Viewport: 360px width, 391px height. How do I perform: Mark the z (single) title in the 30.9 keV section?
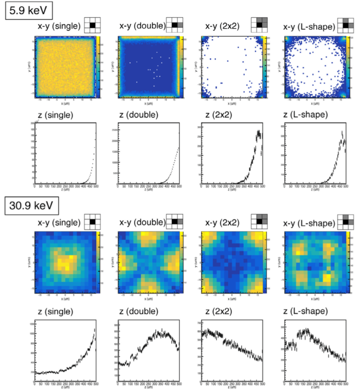pos(55,312)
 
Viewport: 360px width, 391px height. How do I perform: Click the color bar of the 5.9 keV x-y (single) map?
pos(98,67)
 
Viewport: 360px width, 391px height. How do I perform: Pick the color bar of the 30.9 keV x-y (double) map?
pos(181,262)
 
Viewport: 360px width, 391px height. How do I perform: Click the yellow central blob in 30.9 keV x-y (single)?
pos(65,263)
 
